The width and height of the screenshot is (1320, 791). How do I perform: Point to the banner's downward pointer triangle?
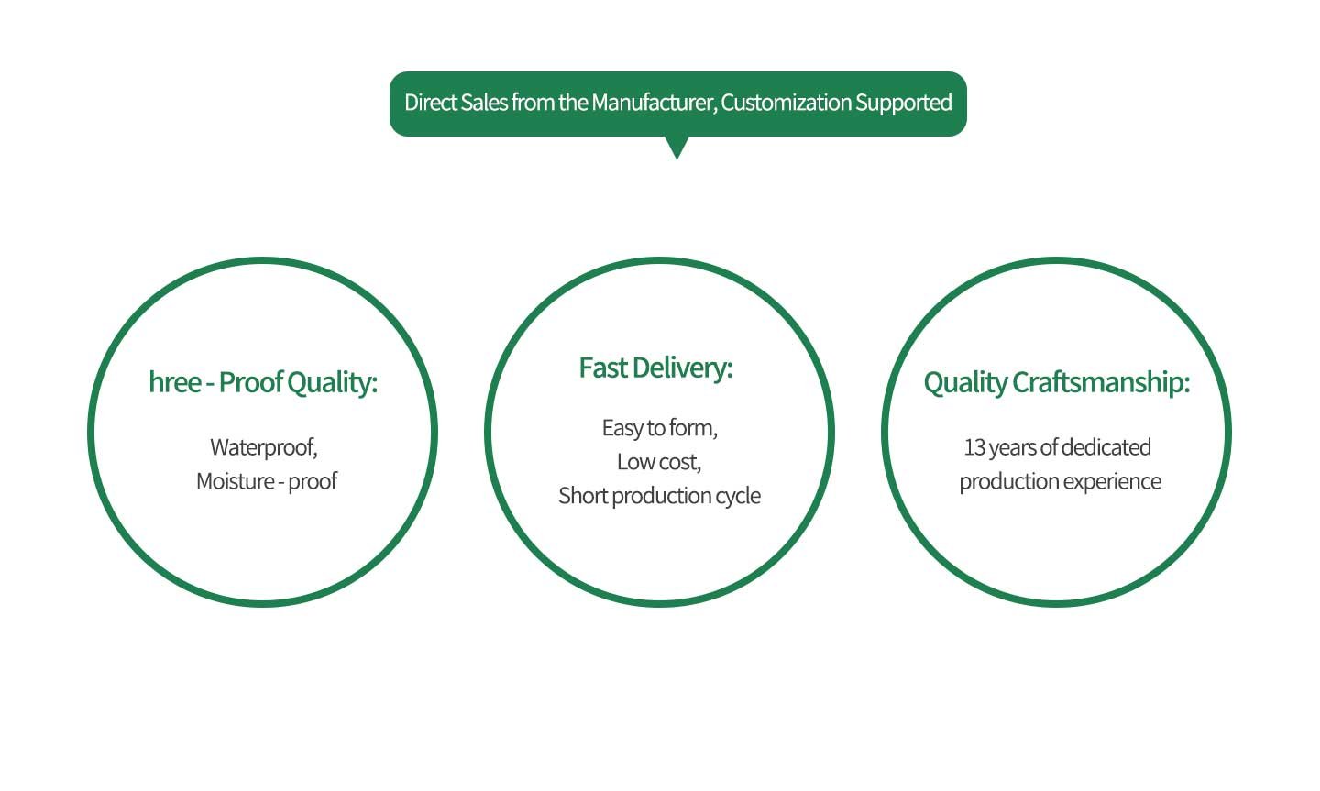coord(676,148)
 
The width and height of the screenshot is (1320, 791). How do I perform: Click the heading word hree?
coord(174,382)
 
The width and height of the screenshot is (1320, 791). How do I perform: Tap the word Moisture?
coord(235,481)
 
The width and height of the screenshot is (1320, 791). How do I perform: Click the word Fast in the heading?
coord(602,368)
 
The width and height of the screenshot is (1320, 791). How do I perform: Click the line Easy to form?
coord(659,428)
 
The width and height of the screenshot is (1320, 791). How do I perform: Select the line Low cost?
coord(659,462)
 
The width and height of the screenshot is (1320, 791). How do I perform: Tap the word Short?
coord(582,496)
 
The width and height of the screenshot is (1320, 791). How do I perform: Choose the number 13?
coord(973,447)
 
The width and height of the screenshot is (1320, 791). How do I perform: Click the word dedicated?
coord(1106,447)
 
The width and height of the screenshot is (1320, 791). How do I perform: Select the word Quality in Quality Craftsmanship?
coord(964,382)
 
